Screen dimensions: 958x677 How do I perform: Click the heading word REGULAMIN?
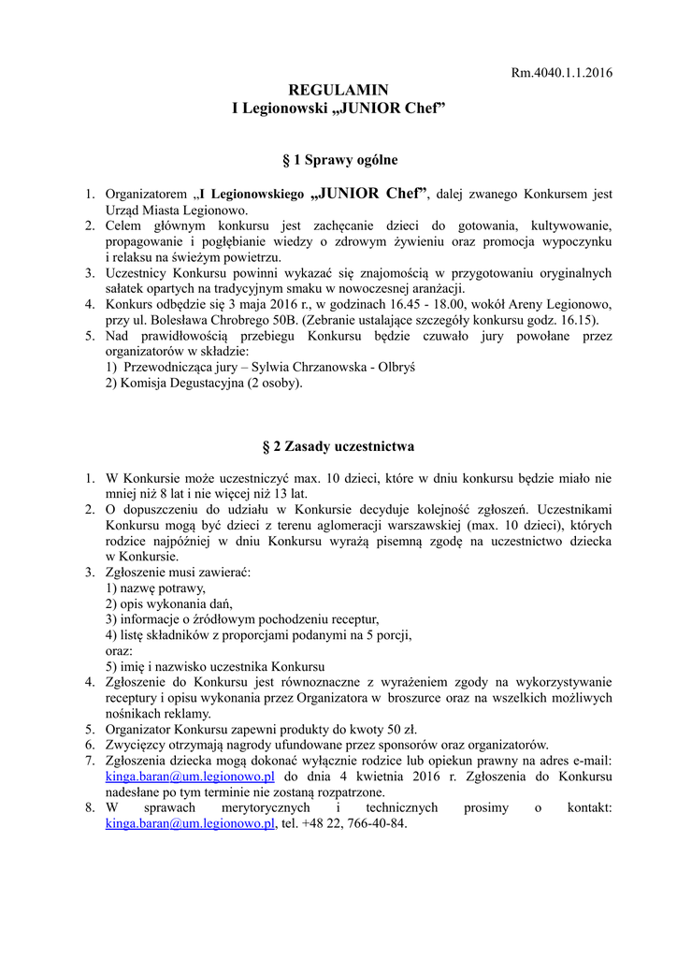(x=338, y=91)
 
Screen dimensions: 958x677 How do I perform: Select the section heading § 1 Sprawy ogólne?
(x=338, y=161)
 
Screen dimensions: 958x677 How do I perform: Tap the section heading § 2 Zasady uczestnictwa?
(x=338, y=446)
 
